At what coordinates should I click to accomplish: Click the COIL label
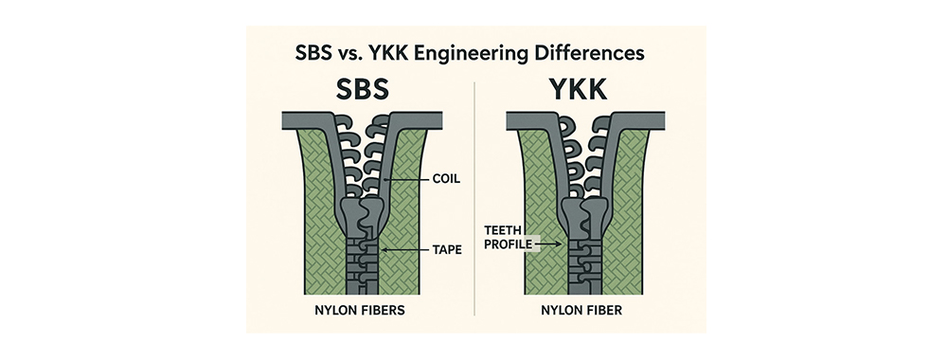(446, 179)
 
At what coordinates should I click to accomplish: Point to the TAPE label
(447, 249)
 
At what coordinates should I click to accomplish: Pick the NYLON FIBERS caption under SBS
(359, 311)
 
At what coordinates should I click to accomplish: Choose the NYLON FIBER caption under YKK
(581, 311)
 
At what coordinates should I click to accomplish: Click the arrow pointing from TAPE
(406, 249)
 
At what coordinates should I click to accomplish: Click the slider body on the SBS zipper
(360, 219)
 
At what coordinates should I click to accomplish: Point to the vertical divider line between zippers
(475, 199)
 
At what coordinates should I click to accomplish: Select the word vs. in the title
(345, 54)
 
